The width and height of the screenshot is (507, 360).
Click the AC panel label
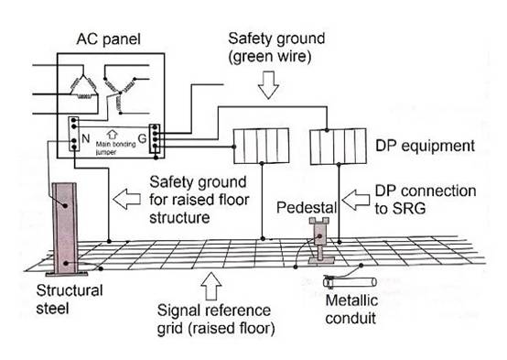[x=108, y=39]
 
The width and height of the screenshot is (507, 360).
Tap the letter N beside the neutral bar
[x=85, y=138]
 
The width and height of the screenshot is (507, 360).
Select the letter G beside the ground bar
[x=142, y=138]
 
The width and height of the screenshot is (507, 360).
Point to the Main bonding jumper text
[x=115, y=147]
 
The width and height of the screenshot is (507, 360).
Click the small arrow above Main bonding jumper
[x=112, y=135]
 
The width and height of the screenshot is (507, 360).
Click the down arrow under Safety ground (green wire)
[x=268, y=85]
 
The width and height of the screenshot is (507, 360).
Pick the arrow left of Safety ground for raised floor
[x=126, y=199]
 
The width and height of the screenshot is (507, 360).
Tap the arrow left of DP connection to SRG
[x=356, y=200]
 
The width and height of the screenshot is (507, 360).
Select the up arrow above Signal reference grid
[x=211, y=286]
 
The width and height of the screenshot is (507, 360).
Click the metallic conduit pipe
[x=350, y=281]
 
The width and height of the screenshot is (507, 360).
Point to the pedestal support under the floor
[x=319, y=240]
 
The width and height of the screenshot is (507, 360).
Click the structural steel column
[x=66, y=229]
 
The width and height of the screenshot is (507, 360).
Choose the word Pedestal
[x=307, y=208]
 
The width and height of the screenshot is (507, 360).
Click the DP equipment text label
[x=425, y=146]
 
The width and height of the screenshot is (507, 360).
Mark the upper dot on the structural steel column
[x=65, y=205]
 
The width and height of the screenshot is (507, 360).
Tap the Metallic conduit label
[x=351, y=310]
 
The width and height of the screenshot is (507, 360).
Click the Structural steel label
[x=70, y=300]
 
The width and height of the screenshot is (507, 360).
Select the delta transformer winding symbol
[x=84, y=87]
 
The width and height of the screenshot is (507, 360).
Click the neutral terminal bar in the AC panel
[x=74, y=134]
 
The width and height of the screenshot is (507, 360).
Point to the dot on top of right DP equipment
[x=327, y=130]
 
